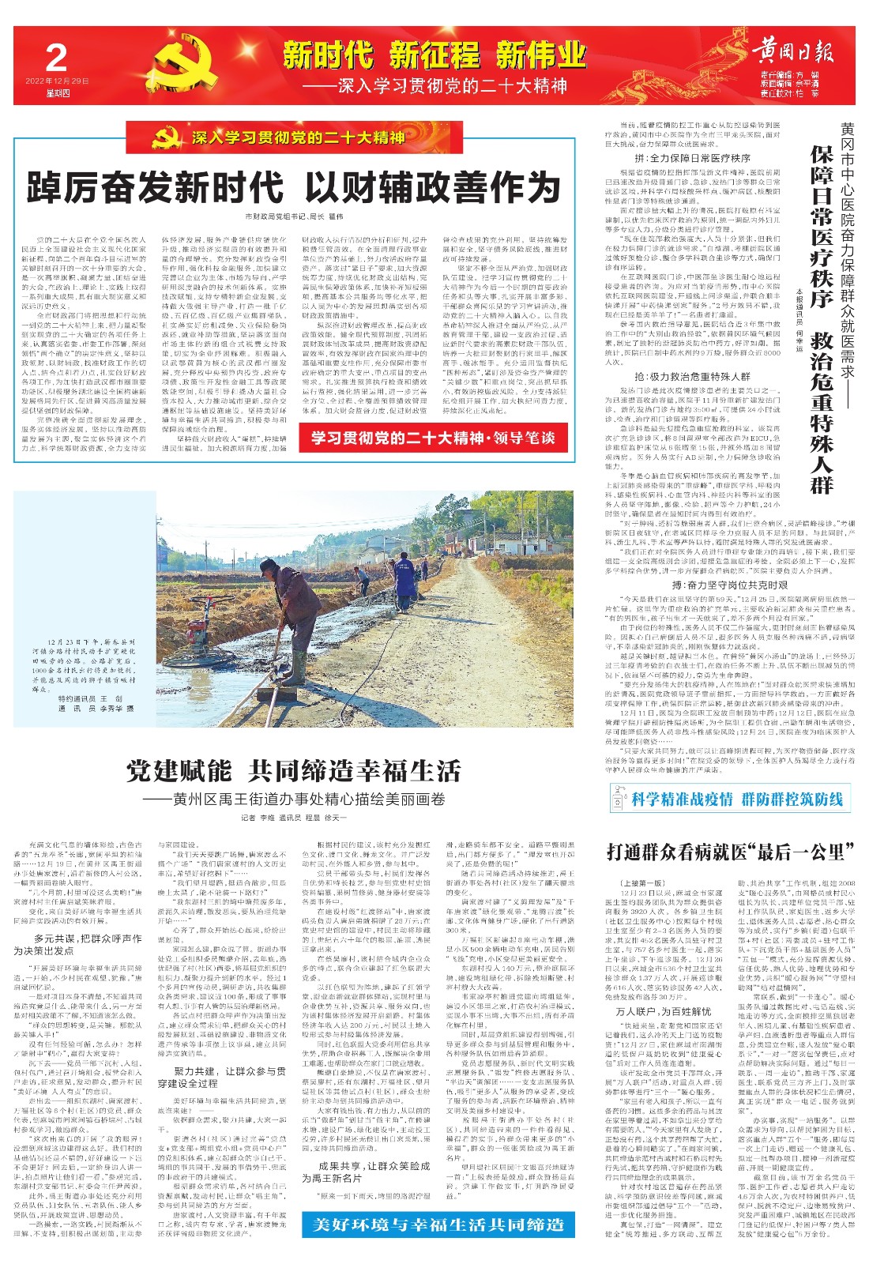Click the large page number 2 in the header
point(56,58)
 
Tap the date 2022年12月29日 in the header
point(57,81)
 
